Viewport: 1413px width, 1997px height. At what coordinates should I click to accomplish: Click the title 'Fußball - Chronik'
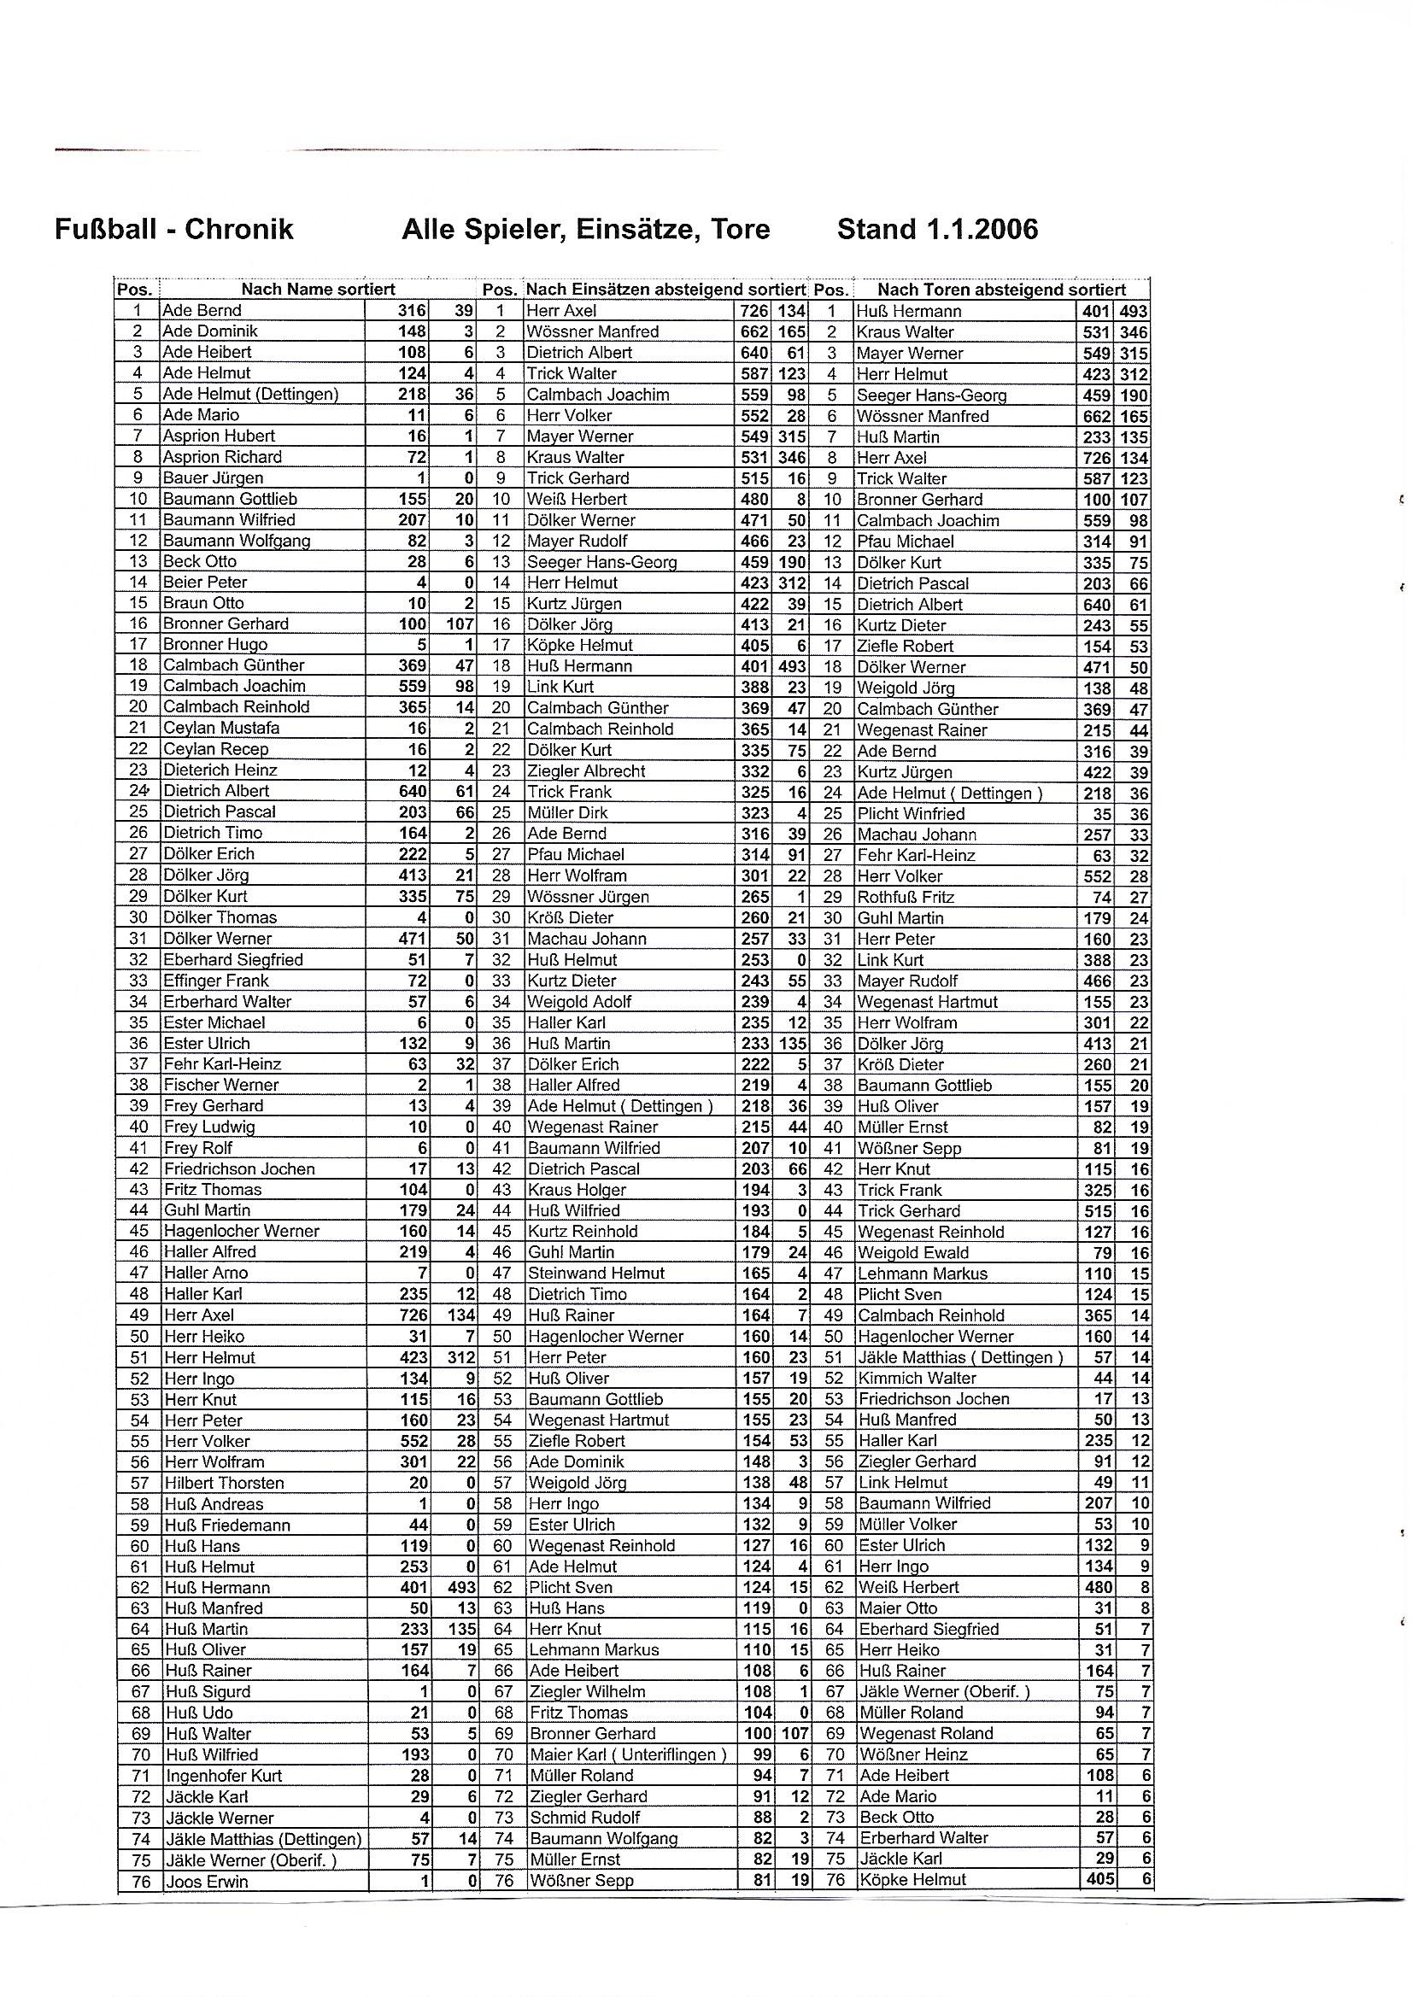pyautogui.click(x=174, y=230)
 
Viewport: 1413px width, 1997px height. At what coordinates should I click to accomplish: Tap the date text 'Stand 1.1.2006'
pyautogui.click(x=937, y=230)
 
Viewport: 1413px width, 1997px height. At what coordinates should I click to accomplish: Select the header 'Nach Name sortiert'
pyautogui.click(x=318, y=290)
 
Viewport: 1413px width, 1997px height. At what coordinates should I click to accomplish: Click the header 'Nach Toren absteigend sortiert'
pyautogui.click(x=1000, y=290)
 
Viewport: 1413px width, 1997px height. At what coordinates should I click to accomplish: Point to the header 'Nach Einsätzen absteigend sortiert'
pyautogui.click(x=665, y=290)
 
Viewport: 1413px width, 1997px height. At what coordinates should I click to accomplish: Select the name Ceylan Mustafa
pyautogui.click(x=221, y=728)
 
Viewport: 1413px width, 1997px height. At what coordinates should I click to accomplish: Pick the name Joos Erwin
pyautogui.click(x=206, y=1882)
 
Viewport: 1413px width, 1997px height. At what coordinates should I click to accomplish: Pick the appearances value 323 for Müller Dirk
pyautogui.click(x=755, y=813)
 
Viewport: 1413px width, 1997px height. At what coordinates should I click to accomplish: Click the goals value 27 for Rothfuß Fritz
pyautogui.click(x=1139, y=898)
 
